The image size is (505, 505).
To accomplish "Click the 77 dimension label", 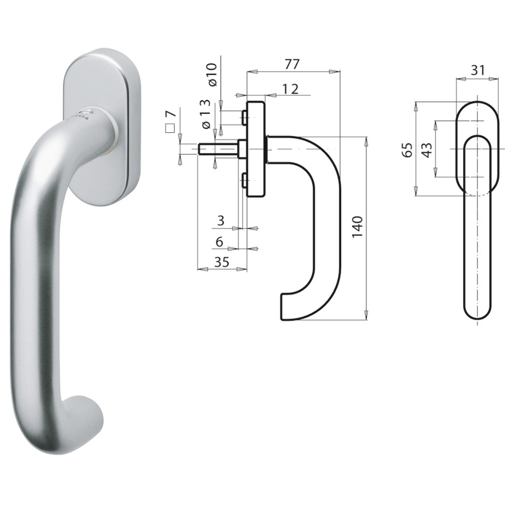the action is (x=292, y=64).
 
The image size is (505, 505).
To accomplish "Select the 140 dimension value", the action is (x=357, y=227).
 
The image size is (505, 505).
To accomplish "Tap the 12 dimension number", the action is (x=290, y=89).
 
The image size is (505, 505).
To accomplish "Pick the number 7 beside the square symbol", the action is (x=171, y=113).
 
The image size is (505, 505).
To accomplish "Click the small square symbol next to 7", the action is (x=170, y=128).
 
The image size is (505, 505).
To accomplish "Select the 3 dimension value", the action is (x=220, y=221).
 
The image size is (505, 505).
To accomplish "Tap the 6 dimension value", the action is (x=219, y=241).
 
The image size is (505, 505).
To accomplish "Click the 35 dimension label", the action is (x=221, y=262).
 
